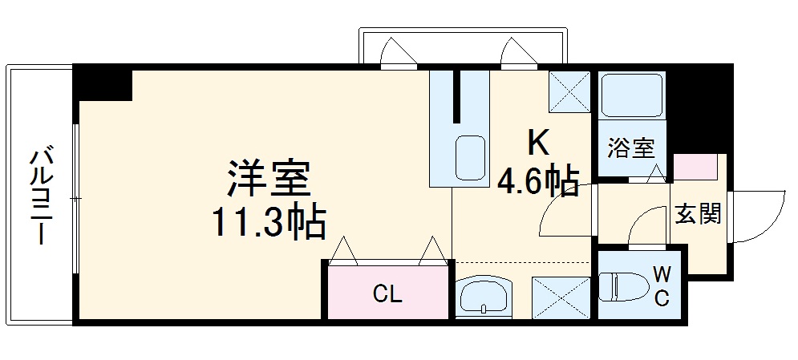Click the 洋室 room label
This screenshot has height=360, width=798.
(x=268, y=180)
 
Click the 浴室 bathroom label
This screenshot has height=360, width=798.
(x=631, y=148)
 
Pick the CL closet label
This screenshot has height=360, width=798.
(x=387, y=294)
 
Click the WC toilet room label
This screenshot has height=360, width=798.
(x=662, y=286)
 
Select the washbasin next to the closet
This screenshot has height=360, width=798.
(x=486, y=294)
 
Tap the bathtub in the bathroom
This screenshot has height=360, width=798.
(x=631, y=97)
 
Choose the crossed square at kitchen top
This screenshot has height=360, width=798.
(x=569, y=91)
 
